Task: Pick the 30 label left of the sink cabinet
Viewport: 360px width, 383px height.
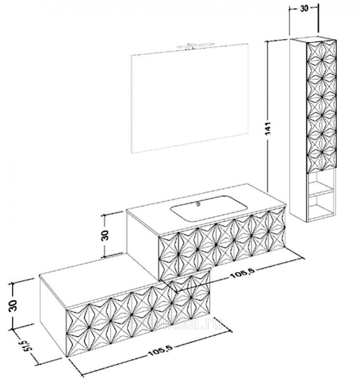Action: point(105,235)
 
